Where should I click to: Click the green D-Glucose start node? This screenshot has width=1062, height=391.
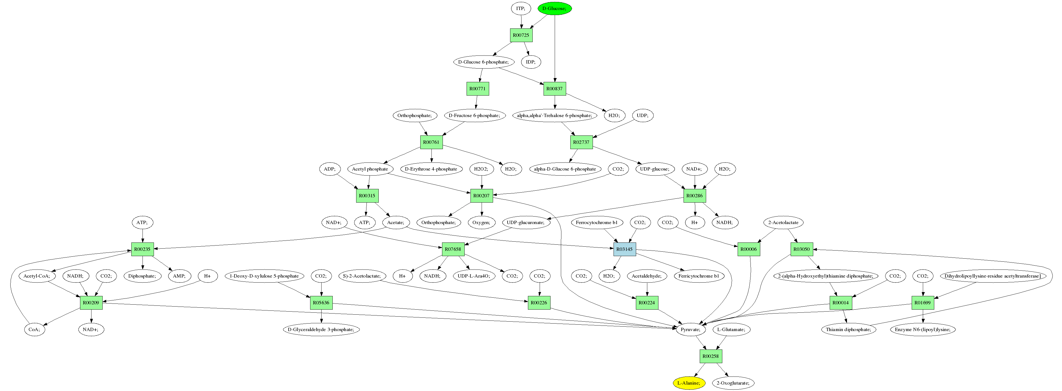click(x=554, y=8)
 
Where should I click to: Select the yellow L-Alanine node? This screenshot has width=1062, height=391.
click(x=689, y=383)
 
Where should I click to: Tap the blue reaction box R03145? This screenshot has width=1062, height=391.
click(x=624, y=249)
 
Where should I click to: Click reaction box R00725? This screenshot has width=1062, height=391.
click(x=521, y=35)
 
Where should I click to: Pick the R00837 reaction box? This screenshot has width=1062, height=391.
click(x=554, y=89)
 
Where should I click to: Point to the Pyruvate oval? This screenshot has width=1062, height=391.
click(x=691, y=329)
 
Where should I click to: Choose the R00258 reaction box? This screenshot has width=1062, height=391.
click(x=710, y=356)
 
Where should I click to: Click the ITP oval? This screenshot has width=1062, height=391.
click(x=521, y=8)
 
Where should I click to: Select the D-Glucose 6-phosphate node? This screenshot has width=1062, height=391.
click(x=484, y=62)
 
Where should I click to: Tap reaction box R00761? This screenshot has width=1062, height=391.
click(x=431, y=142)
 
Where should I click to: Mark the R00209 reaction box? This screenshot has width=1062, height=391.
click(x=91, y=302)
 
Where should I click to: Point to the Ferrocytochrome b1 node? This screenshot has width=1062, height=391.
click(x=597, y=222)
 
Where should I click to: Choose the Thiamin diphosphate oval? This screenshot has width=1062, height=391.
click(x=848, y=329)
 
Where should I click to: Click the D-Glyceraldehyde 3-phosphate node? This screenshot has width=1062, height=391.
click(x=321, y=329)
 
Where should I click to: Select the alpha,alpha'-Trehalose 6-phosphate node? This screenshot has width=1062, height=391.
click(x=554, y=115)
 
